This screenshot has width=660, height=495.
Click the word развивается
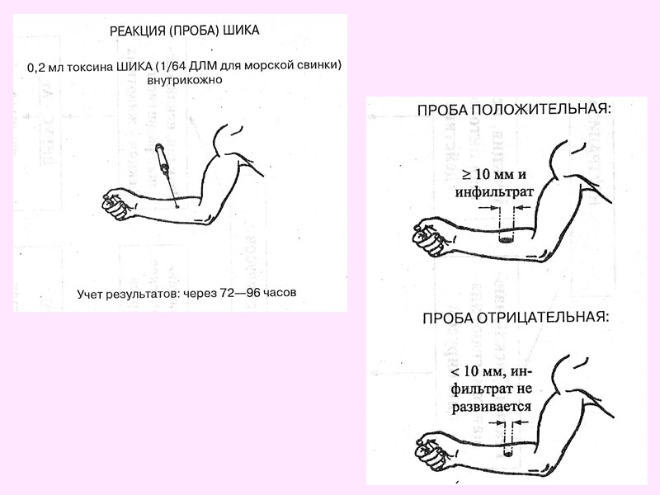pyautogui.click(x=493, y=408)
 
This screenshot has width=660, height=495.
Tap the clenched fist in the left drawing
pyautogui.click(x=117, y=204)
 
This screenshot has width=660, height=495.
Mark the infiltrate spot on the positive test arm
pyautogui.click(x=507, y=240)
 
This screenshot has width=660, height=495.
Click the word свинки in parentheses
pyautogui.click(x=321, y=65)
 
